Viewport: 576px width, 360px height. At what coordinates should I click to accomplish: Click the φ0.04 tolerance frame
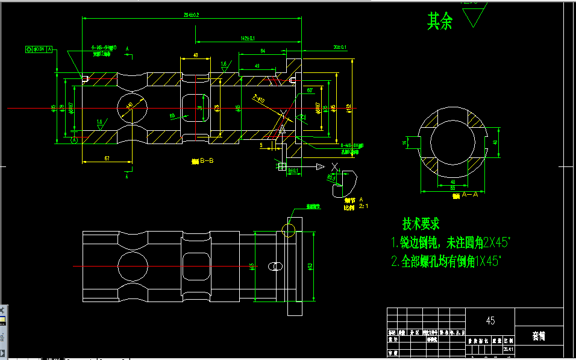click(40, 48)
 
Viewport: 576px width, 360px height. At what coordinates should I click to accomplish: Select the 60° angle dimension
click(310, 90)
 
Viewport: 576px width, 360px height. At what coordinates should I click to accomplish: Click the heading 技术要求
click(421, 224)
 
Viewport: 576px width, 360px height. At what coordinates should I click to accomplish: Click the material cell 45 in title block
click(490, 321)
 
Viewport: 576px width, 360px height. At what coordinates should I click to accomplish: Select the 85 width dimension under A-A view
click(453, 188)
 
